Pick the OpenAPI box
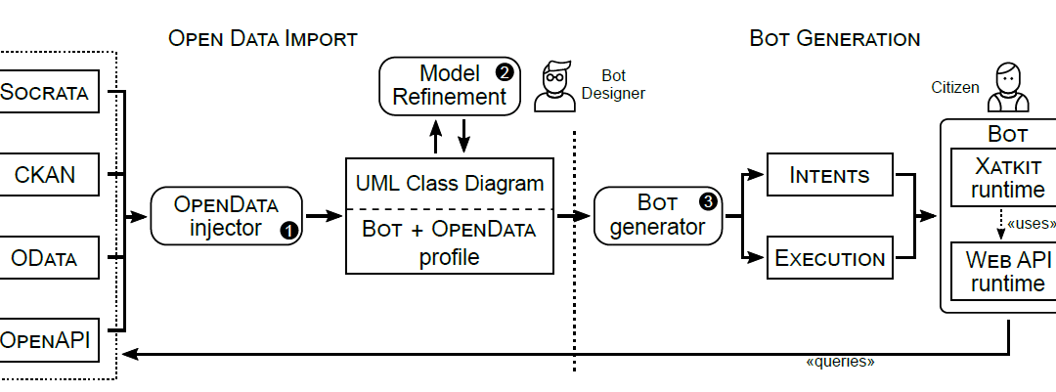click(49, 340)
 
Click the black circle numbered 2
click(505, 72)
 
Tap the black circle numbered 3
click(707, 202)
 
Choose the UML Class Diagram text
click(450, 182)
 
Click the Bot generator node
click(658, 215)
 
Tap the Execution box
click(829, 258)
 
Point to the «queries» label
click(839, 363)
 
